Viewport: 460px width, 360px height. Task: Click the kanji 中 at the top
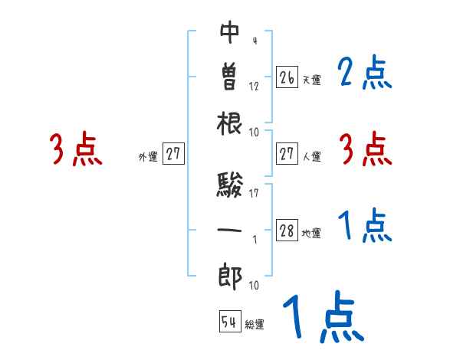click(229, 34)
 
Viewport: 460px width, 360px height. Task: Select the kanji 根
click(229, 123)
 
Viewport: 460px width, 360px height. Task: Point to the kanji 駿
click(229, 185)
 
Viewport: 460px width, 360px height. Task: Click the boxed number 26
click(287, 77)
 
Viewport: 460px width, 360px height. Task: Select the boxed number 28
click(287, 231)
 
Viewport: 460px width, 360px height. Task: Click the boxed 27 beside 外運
click(173, 155)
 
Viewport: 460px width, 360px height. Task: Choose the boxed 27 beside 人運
click(287, 155)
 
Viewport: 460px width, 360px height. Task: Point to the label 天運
click(311, 80)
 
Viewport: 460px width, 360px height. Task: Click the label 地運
click(311, 234)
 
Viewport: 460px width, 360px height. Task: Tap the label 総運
click(255, 325)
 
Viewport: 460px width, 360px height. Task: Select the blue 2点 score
click(365, 74)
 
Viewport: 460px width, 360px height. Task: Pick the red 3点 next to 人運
click(365, 149)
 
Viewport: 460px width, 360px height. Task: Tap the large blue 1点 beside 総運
click(323, 318)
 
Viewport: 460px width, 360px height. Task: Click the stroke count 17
click(255, 193)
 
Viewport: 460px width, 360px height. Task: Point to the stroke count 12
click(254, 87)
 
